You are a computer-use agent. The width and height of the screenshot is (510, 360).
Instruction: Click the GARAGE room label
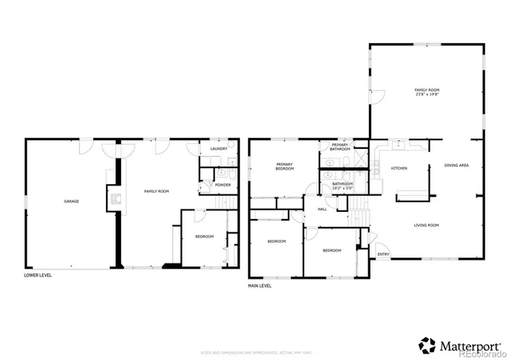(72, 202)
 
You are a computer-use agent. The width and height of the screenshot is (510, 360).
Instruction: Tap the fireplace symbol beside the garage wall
(116, 200)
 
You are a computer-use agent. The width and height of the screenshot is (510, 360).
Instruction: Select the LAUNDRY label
(219, 149)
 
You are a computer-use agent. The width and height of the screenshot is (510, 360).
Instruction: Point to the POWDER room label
(223, 185)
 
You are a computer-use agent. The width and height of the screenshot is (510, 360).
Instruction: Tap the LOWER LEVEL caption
(39, 276)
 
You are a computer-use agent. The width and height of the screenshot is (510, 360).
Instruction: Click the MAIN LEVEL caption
(260, 285)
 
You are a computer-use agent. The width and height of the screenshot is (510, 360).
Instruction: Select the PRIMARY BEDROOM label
(284, 166)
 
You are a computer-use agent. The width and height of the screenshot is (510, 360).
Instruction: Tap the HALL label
(323, 209)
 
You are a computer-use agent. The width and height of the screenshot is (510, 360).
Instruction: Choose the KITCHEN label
(399, 168)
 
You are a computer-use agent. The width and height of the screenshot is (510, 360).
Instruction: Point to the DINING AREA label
(456, 165)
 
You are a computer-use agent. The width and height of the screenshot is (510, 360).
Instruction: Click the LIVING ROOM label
(426, 225)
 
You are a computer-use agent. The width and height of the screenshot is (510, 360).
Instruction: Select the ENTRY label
(383, 255)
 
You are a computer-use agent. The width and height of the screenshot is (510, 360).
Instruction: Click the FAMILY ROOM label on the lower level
(156, 191)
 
